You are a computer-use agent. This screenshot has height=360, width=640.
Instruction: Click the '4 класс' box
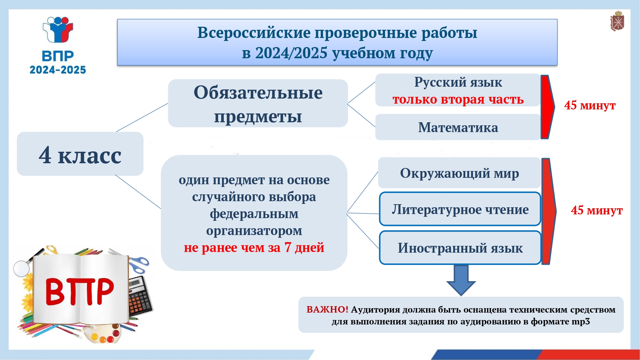point(80,154)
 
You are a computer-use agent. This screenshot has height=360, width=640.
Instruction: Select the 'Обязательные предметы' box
point(258,103)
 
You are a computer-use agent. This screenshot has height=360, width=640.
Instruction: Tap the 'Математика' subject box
point(458,127)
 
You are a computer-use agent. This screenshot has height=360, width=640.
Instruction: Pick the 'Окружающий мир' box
point(460,173)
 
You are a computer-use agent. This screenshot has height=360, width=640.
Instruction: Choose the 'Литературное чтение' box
point(460,209)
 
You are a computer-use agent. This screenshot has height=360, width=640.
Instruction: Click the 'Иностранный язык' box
point(460,248)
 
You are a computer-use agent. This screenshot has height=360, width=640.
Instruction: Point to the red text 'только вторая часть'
point(458,99)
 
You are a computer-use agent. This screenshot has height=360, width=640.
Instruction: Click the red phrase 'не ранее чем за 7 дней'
point(254,248)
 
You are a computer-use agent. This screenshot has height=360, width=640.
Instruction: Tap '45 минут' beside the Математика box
point(590,105)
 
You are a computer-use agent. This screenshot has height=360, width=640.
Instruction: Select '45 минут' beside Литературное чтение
point(597,210)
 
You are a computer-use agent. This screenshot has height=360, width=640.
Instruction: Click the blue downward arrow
point(461,280)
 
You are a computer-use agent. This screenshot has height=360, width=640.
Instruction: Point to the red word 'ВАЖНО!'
point(327,309)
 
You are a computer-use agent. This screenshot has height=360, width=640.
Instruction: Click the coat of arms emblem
point(617,21)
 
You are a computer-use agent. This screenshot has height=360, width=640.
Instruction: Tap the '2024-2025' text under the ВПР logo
point(58,70)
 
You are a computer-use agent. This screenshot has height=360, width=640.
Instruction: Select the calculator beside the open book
point(140,296)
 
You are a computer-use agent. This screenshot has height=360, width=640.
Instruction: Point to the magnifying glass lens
point(21,268)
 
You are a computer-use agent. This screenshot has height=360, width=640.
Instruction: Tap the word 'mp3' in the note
point(581,321)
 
